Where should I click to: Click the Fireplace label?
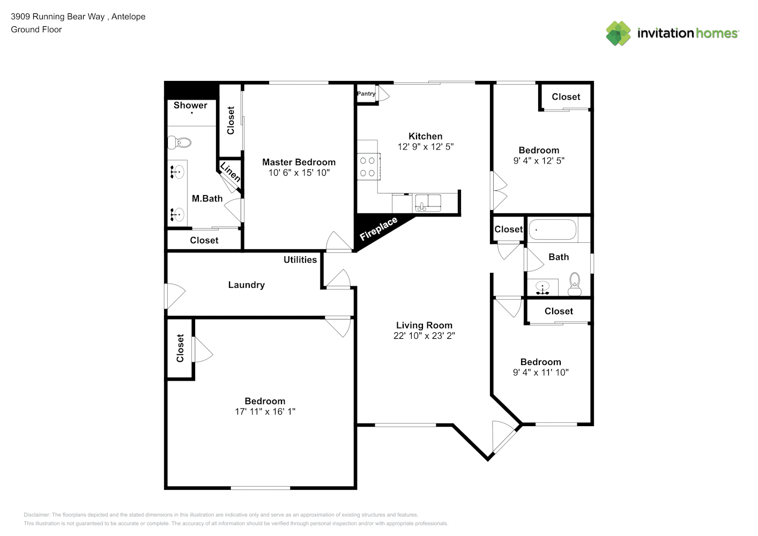378,229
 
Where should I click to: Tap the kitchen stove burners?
368,167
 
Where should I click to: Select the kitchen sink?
428,203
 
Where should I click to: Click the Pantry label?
366,94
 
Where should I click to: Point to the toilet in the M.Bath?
180,143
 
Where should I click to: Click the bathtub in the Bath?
552,230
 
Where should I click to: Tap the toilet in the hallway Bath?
575,284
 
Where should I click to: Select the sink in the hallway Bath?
543,288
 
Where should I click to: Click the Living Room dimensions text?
424,336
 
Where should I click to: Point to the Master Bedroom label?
299,162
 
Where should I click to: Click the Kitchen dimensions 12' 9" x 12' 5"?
425,147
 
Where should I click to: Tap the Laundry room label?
247,285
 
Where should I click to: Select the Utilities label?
300,259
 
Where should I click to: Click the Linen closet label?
231,172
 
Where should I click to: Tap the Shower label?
190,105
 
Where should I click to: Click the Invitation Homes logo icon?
618,33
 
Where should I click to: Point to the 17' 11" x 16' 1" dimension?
265,412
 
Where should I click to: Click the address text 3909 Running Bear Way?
58,17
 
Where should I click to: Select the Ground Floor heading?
36,29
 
